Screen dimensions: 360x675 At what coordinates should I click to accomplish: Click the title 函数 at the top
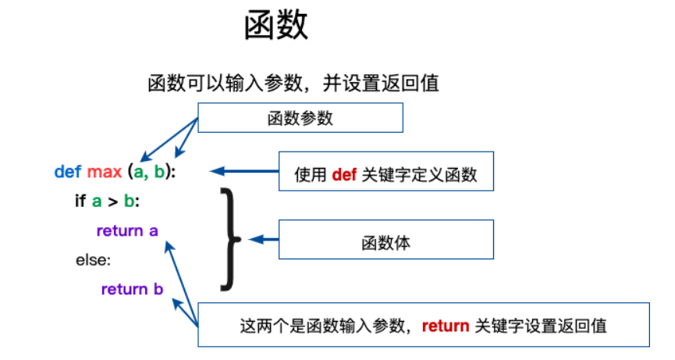(x=276, y=26)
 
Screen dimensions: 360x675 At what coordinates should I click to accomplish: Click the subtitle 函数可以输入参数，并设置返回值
(x=293, y=84)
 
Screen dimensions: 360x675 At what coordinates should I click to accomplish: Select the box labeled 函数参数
(x=300, y=118)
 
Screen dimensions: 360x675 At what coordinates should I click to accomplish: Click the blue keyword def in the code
(x=68, y=171)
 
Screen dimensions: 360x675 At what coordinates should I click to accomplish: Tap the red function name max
(x=103, y=171)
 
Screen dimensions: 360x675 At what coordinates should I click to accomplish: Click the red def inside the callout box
(x=344, y=175)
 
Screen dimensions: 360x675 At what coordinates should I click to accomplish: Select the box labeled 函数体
(x=385, y=242)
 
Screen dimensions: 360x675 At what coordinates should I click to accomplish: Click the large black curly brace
(x=227, y=238)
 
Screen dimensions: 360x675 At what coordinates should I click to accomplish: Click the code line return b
(x=132, y=290)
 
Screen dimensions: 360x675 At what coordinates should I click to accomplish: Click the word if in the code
(x=80, y=201)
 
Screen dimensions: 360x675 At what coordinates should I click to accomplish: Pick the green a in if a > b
(x=97, y=201)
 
